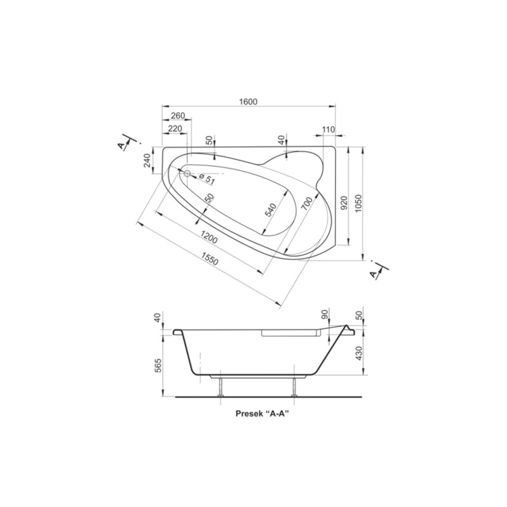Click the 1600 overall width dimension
pos(248,101)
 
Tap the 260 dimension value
pos(178,115)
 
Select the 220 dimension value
pos(175,128)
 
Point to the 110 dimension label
pos(328,129)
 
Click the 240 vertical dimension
pos(147,160)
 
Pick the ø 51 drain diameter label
pos(207,178)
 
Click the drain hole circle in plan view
pos(187,173)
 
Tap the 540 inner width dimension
pos(270,210)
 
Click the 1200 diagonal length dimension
pos(209,237)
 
